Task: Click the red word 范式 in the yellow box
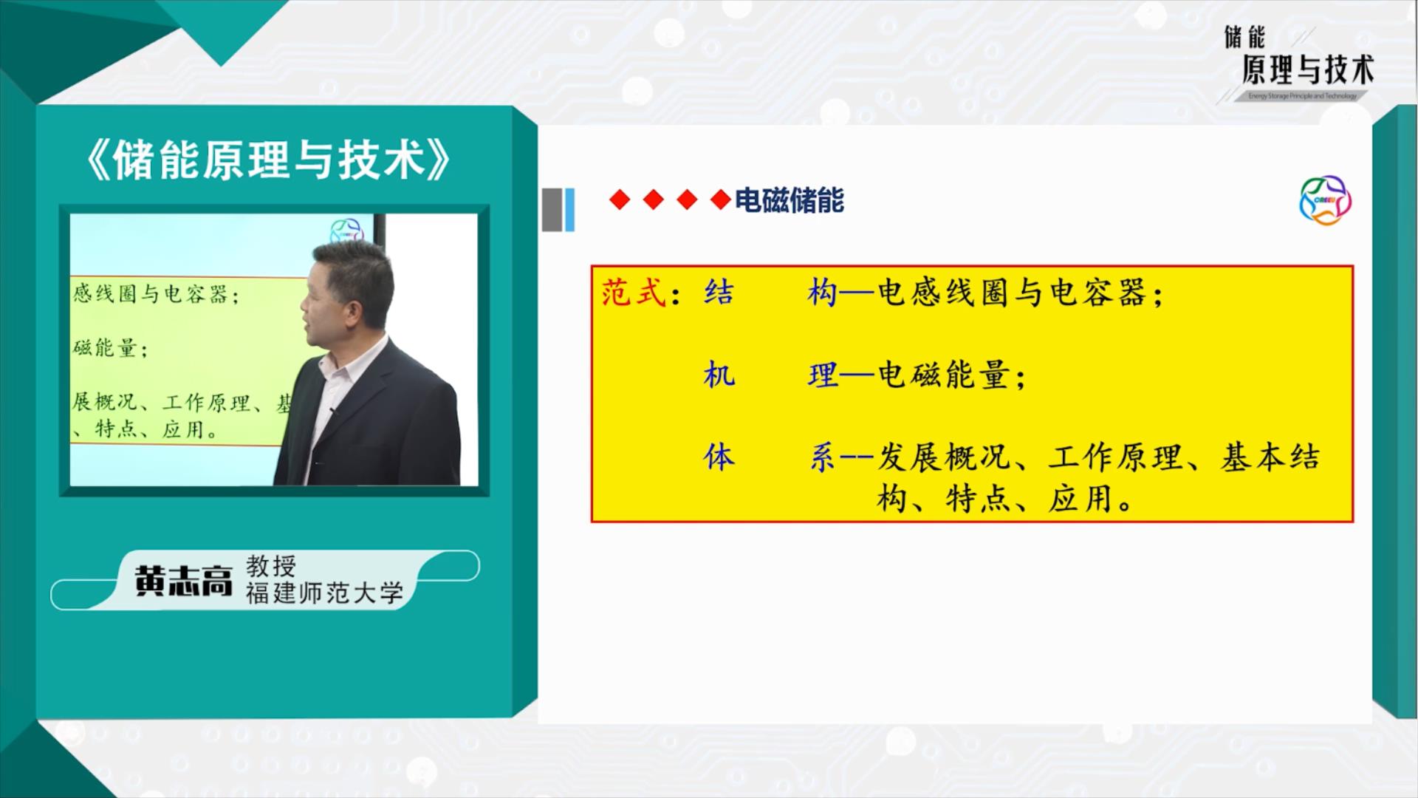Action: click(634, 293)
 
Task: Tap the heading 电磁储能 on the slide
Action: click(790, 201)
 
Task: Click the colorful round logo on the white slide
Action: click(1325, 200)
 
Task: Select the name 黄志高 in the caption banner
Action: click(183, 582)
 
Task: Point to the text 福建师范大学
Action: click(325, 593)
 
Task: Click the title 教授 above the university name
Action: click(271, 566)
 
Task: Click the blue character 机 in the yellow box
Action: click(719, 376)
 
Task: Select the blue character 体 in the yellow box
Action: click(719, 457)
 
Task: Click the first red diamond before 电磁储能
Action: click(620, 200)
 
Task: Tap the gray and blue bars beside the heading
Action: click(558, 210)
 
